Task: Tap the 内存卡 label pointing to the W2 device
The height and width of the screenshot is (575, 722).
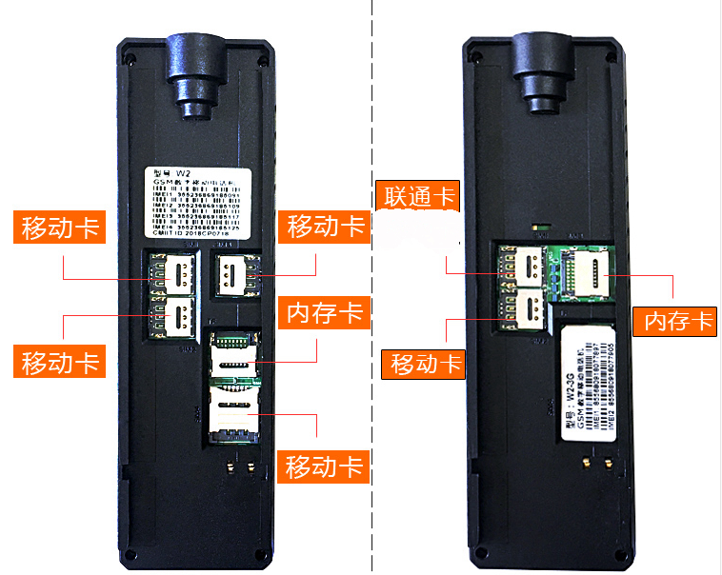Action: coord(326,311)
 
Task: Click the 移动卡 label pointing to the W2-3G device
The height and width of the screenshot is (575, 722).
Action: coord(425,363)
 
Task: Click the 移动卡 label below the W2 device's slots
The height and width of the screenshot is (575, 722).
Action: coord(326,466)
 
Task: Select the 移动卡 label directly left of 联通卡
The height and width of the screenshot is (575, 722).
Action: coord(326,227)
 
